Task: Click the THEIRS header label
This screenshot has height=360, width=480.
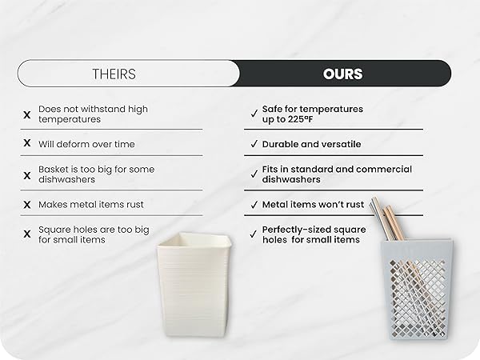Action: [x=115, y=74]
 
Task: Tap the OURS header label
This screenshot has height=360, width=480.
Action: [x=342, y=74]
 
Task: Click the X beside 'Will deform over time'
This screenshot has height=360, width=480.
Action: [x=27, y=143]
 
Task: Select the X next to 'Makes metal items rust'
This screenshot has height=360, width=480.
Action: [x=27, y=205]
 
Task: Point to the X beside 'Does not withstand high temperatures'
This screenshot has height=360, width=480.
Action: [x=27, y=114]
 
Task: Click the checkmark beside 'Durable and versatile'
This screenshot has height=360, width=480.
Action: [x=254, y=144]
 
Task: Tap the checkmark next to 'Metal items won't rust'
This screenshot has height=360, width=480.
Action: [x=254, y=205]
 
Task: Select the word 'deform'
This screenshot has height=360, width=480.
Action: [x=74, y=144]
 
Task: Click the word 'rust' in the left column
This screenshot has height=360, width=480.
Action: [x=134, y=205]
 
